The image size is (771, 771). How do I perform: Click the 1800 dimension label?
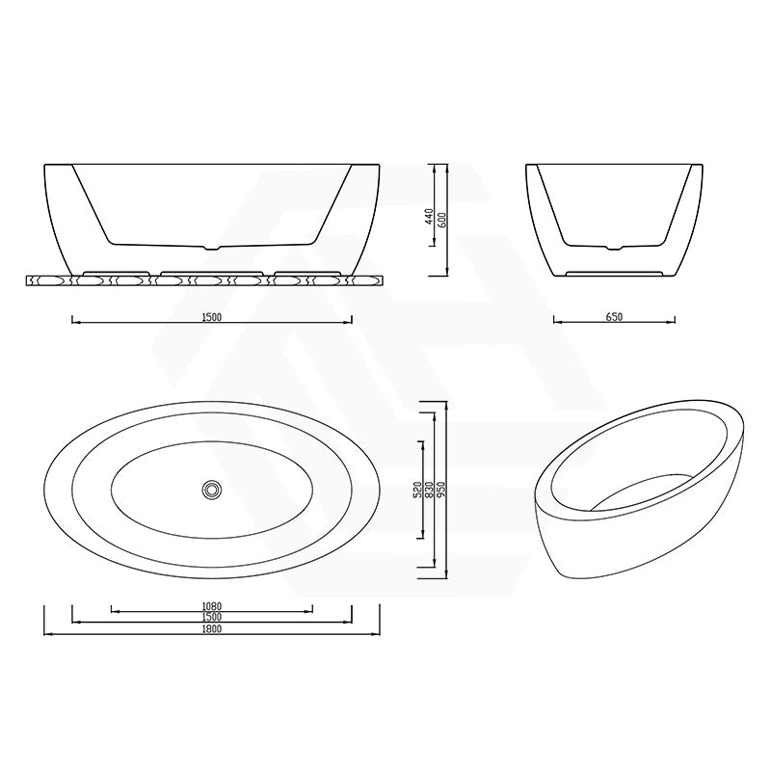(212, 628)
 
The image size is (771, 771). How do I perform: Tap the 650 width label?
(614, 315)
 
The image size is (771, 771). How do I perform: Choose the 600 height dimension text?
(442, 218)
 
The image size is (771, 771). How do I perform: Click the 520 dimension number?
(417, 490)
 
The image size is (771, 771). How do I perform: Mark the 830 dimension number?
(430, 490)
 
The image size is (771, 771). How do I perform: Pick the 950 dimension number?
(442, 490)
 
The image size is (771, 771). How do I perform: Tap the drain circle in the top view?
(211, 490)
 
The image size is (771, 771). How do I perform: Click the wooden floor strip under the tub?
(204, 281)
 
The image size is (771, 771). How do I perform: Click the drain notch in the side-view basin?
(214, 248)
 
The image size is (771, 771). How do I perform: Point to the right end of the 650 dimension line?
(675, 321)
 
